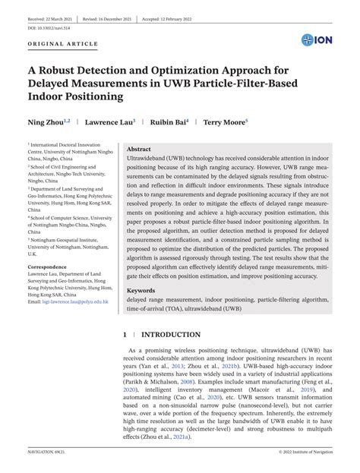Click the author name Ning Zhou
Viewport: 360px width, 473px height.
pyautogui.click(x=44, y=121)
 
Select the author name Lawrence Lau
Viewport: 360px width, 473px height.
pyautogui.click(x=108, y=121)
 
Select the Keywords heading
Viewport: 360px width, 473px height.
pyautogui.click(x=141, y=291)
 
